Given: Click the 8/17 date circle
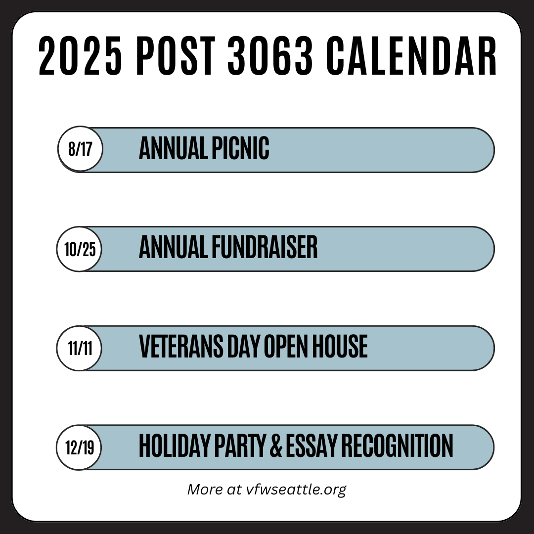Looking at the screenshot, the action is coord(80,148).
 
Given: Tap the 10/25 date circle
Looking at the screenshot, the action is coord(79,249).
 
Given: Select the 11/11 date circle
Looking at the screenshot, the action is coord(79,348).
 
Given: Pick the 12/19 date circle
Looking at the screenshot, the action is coord(79,447).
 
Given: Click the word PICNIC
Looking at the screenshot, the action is coord(240,148).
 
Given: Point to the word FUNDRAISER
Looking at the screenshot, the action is coord(265,247).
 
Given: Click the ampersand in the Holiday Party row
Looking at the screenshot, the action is coord(276,445).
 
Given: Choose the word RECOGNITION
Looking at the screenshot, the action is coord(397,445).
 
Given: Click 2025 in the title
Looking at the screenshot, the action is coord(80,55).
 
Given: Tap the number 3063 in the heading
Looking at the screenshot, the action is coord(270,55).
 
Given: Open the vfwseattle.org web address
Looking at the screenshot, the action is coord(296,489).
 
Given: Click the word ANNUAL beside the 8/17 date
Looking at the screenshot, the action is coord(174,148).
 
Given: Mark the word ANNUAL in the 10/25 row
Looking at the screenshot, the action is coord(174,247).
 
